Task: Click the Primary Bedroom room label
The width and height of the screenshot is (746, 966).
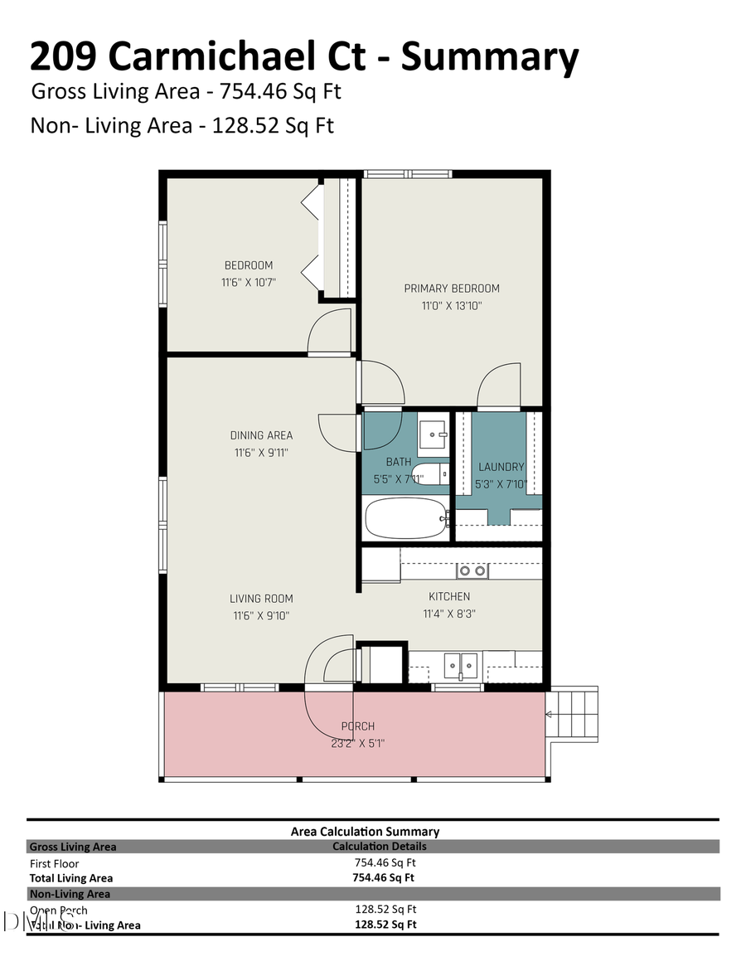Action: point(452,289)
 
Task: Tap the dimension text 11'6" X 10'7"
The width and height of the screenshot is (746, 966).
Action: point(248,282)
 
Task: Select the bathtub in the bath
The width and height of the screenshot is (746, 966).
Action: point(405,518)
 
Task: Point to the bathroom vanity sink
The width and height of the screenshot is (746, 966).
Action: point(434,432)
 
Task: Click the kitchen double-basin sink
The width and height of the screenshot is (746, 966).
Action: point(460,664)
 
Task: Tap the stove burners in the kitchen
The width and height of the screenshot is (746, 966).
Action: point(472,571)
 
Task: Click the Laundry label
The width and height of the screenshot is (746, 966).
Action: point(501,467)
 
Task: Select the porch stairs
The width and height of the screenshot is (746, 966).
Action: point(574,715)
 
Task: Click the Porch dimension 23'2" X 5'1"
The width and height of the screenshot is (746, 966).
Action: point(357,744)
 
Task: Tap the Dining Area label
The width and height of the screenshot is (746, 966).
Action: point(261,435)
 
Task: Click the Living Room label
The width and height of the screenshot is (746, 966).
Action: point(261,599)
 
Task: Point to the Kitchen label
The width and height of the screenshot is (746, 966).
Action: point(449,596)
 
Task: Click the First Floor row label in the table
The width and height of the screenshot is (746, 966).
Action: point(54,863)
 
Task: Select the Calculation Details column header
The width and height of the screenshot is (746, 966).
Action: point(379,847)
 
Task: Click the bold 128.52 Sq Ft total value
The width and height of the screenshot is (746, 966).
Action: point(385,924)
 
